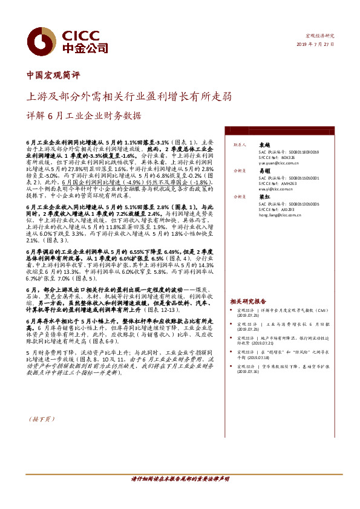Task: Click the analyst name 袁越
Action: pos(264,145)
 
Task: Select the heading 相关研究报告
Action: pos(248,300)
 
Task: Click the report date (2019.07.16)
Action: pos(249,371)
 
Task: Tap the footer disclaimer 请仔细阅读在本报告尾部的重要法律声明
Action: pos(180,479)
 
